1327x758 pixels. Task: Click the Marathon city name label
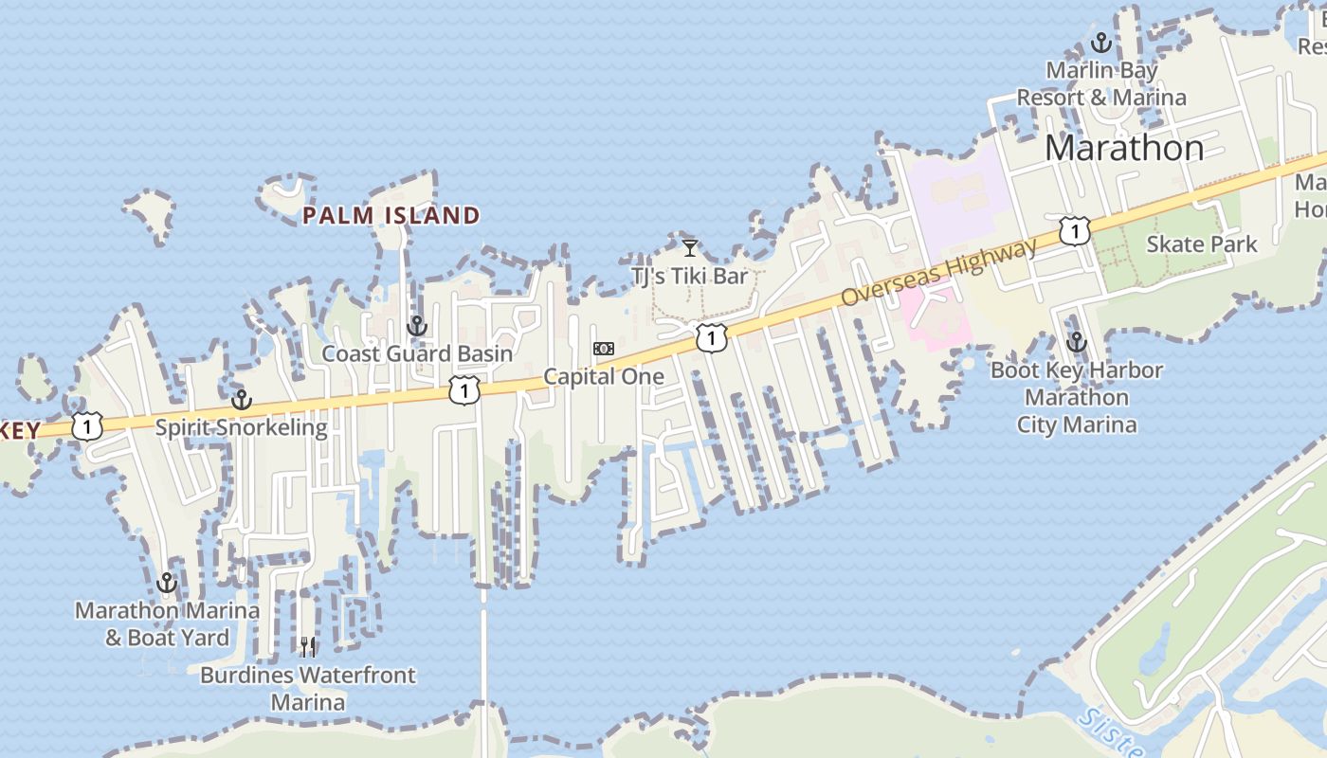tap(1124, 148)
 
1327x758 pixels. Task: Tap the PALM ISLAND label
tap(391, 216)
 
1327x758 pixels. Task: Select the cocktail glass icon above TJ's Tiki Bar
tap(690, 248)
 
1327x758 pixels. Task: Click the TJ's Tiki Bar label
tap(690, 277)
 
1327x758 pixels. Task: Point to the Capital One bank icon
tap(604, 349)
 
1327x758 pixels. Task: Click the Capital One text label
tap(604, 376)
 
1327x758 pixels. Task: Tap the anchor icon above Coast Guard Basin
tap(416, 327)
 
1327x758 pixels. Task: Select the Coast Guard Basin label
tap(417, 353)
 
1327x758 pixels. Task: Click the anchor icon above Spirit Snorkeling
tap(242, 400)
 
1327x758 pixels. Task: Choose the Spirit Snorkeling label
tap(241, 427)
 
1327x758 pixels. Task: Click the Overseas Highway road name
tap(939, 273)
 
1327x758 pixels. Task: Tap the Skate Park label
tap(1202, 244)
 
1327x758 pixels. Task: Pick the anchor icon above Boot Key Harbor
tap(1076, 342)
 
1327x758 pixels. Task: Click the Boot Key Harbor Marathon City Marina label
tap(1077, 397)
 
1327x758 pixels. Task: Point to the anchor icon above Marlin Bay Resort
tap(1100, 43)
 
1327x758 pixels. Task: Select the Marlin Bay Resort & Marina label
tap(1101, 83)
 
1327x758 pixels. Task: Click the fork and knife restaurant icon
tap(308, 647)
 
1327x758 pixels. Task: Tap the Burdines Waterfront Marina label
tap(308, 689)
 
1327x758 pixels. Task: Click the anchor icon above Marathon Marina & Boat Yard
tap(167, 583)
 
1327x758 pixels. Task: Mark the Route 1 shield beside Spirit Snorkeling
tap(86, 426)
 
